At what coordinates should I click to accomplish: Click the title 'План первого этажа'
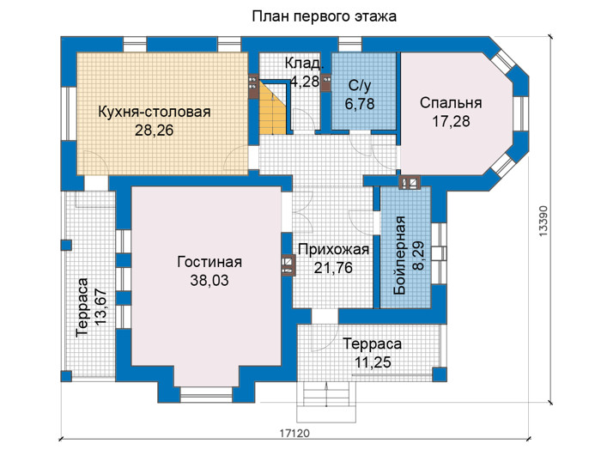(x=325, y=16)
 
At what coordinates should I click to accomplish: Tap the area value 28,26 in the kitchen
(x=154, y=131)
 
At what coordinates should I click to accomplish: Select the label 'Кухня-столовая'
(x=155, y=112)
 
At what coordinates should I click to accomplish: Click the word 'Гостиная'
(x=209, y=262)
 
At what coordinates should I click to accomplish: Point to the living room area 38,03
(x=209, y=281)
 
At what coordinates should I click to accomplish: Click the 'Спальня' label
(x=451, y=103)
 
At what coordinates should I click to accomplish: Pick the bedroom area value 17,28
(x=451, y=121)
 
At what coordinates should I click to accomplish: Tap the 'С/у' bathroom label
(x=360, y=86)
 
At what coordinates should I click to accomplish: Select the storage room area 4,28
(x=305, y=82)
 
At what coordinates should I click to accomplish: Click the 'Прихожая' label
(x=333, y=250)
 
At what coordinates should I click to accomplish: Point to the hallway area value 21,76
(x=333, y=268)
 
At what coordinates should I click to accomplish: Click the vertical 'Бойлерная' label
(x=400, y=255)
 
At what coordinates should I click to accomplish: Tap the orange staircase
(x=273, y=107)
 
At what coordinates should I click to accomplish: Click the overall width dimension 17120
(x=294, y=434)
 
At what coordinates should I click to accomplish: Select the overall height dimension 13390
(x=543, y=221)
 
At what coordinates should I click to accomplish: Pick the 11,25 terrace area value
(x=373, y=362)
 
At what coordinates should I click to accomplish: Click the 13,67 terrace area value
(x=101, y=307)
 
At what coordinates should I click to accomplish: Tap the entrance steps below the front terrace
(x=326, y=402)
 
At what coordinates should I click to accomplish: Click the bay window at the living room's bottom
(x=206, y=395)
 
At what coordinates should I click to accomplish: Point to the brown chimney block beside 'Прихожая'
(x=288, y=265)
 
